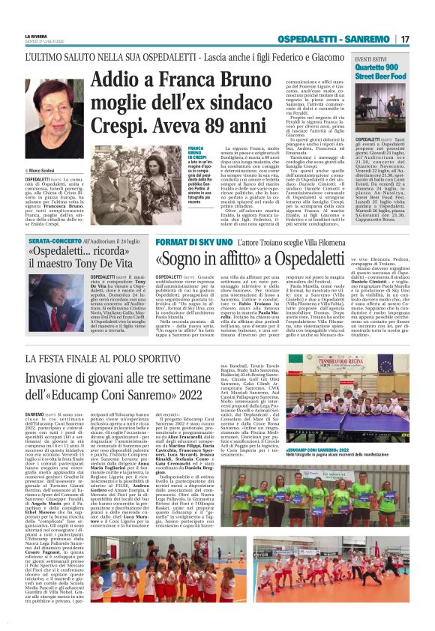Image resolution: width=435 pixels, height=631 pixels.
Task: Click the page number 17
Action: [404, 39]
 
